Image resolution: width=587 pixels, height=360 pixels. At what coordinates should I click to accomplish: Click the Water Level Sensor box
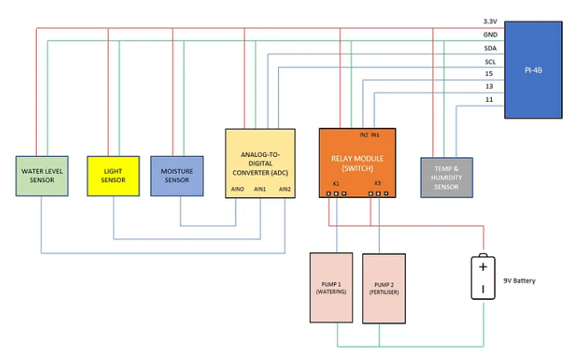[x=42, y=175]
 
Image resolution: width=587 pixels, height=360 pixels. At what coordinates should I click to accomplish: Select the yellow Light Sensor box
[x=113, y=175]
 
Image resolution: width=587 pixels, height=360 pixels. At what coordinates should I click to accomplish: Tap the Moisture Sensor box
[x=176, y=175]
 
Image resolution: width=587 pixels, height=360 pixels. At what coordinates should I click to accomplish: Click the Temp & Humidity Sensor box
[x=447, y=176]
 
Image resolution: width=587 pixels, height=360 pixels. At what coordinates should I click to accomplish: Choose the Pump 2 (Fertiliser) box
[x=383, y=288]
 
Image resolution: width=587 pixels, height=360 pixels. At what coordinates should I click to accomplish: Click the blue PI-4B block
[x=533, y=70]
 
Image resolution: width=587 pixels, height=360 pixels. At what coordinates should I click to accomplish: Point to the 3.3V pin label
[x=490, y=22]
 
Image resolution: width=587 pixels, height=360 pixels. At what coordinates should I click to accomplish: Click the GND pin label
[x=490, y=35]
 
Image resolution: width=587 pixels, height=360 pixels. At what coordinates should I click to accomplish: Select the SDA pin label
[x=490, y=48]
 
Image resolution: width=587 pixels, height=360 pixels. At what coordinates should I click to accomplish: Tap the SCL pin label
[x=490, y=62]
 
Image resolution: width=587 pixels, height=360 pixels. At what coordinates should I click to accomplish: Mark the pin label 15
[x=489, y=74]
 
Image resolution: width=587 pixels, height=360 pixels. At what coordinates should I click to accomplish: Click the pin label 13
[x=489, y=87]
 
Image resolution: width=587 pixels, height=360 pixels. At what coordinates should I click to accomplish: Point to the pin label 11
[x=489, y=100]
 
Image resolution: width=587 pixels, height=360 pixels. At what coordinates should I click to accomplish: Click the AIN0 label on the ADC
[x=236, y=190]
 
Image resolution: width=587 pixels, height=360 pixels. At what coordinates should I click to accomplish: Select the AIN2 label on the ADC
[x=285, y=190]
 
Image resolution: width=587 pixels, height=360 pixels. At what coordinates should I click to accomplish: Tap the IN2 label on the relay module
[x=363, y=134]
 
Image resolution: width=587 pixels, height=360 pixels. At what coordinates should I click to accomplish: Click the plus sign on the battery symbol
[x=482, y=267]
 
